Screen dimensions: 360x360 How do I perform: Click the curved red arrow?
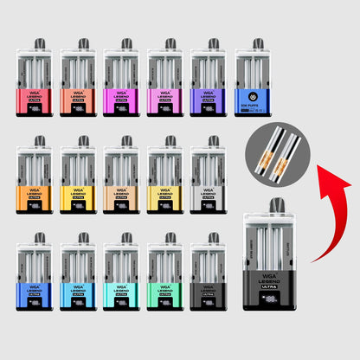click(332, 216)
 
